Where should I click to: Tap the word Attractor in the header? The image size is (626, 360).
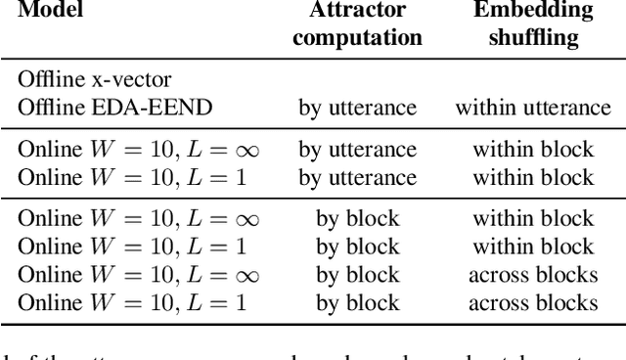click(x=359, y=11)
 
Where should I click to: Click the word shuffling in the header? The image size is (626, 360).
click(x=533, y=37)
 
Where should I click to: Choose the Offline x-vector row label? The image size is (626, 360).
click(x=82, y=79)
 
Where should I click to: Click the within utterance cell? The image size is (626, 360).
click(x=532, y=106)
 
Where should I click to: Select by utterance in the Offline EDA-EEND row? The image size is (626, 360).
click(x=359, y=106)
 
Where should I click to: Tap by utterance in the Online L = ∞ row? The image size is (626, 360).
click(x=359, y=150)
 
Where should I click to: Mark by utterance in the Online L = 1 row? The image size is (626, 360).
click(x=359, y=176)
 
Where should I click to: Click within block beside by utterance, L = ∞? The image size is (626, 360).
click(x=533, y=150)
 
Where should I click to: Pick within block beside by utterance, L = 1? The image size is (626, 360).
click(x=533, y=176)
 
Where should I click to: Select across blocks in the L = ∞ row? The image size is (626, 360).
click(x=533, y=274)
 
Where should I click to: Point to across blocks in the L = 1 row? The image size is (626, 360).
click(x=533, y=301)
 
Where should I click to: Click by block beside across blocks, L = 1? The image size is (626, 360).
click(x=359, y=301)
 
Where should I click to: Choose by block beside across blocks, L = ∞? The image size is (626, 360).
click(x=359, y=274)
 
